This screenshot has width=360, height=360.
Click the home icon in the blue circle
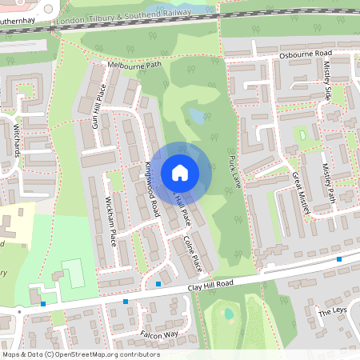(x=180, y=172)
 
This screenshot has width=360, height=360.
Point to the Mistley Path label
(x=327, y=184)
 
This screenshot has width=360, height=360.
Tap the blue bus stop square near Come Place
(x=158, y=284)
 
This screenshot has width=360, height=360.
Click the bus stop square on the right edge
(x=339, y=259)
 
